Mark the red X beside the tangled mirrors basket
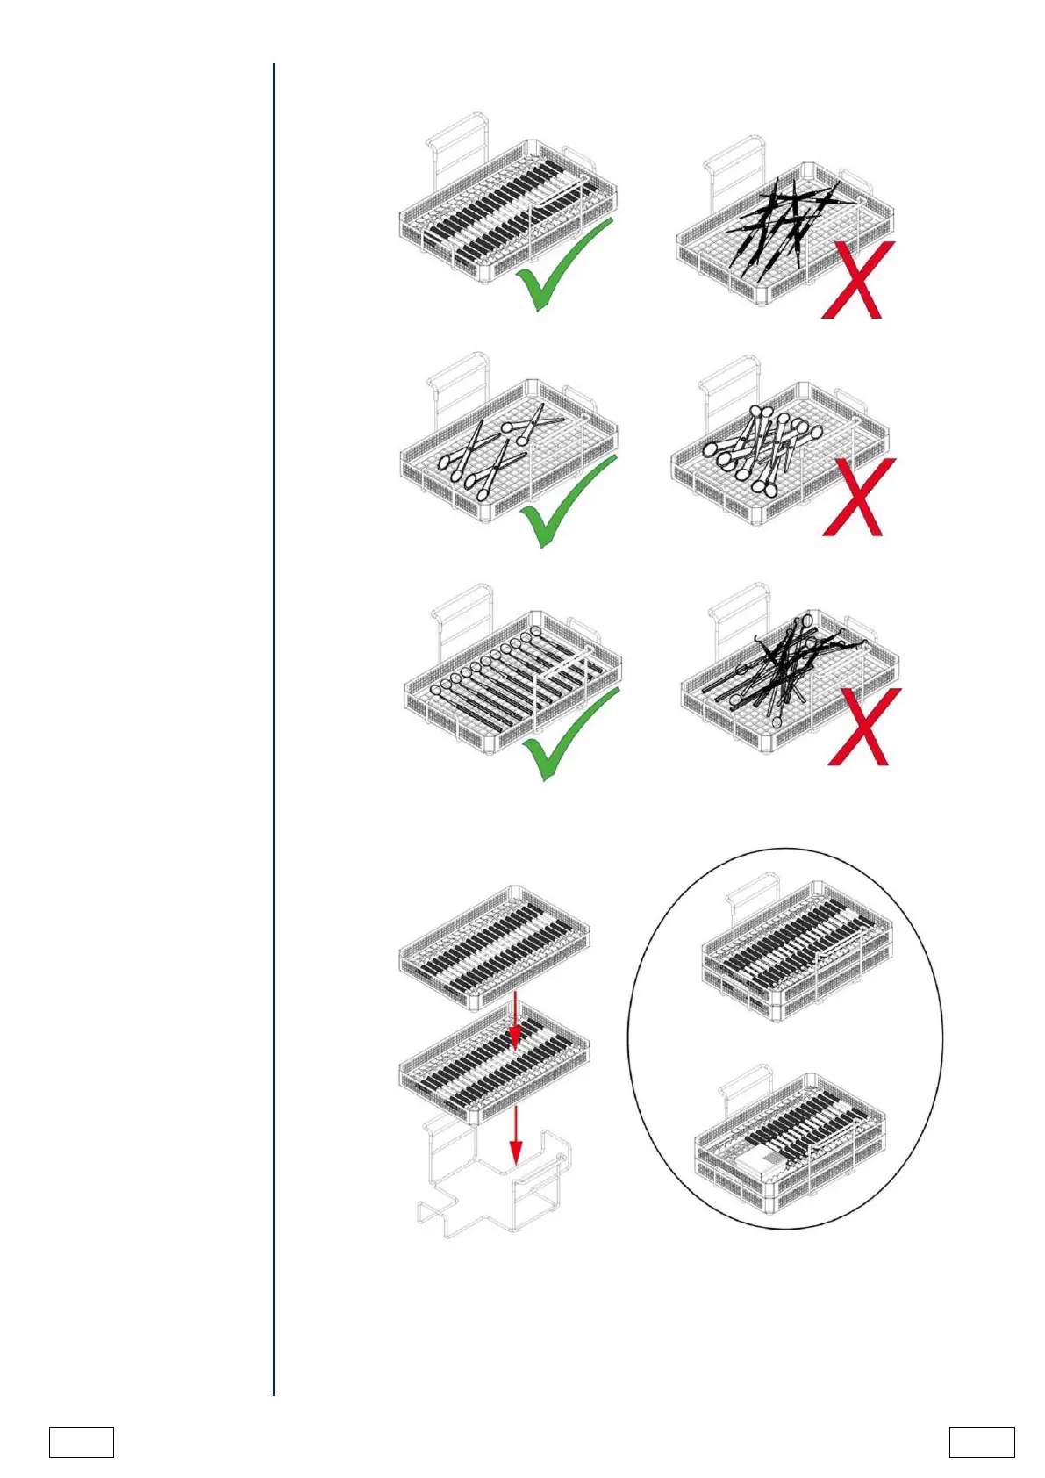pos(863,727)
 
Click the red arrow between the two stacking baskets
pos(515,1020)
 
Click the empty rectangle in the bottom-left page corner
pos(81,1443)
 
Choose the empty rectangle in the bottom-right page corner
pos(981,1443)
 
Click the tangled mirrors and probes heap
pos(781,671)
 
